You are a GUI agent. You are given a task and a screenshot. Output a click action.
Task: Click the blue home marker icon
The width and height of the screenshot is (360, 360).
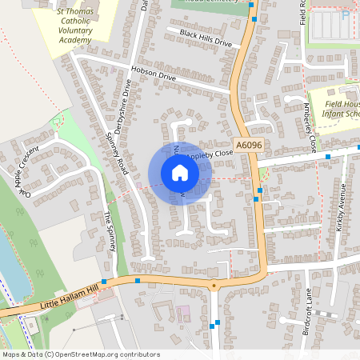180,172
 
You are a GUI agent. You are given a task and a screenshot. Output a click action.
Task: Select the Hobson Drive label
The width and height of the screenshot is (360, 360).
153,77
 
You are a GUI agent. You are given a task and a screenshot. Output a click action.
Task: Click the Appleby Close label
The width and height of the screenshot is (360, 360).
210,153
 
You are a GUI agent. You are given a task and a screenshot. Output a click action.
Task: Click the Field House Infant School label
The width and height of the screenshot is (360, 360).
340,108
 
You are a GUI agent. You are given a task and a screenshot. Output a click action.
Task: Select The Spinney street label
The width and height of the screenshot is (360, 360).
111,230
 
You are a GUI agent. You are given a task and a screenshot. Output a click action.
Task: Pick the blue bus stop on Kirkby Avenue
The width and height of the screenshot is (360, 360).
328,157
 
